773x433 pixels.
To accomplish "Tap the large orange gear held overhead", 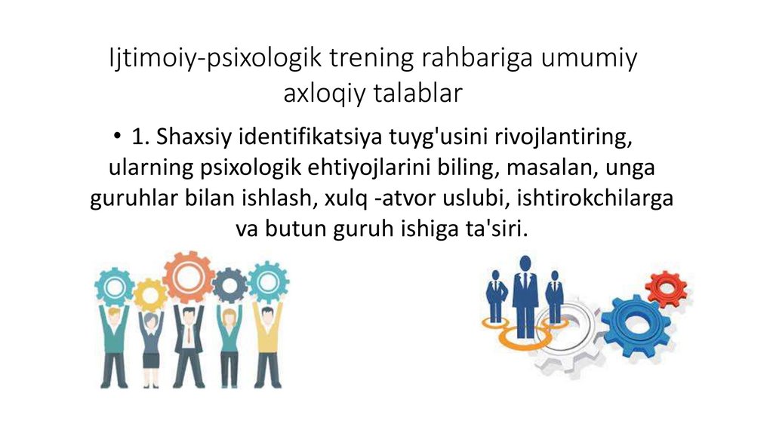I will [x=188, y=277].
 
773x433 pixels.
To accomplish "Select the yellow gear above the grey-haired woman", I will [x=151, y=293].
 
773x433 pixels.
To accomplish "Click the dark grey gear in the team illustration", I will [x=229, y=284].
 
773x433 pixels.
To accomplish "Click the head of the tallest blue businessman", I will [x=525, y=264].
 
